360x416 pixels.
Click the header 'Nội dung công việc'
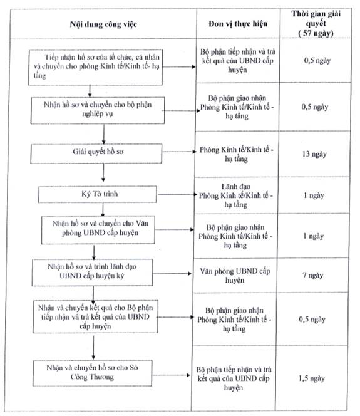coord(103,24)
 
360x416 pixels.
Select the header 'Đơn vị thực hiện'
coord(238,24)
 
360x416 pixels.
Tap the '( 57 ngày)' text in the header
coord(316,33)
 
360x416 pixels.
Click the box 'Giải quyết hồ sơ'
coord(96,153)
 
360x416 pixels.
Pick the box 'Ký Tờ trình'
coord(98,194)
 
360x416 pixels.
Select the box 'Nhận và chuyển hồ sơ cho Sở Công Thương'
coord(92,373)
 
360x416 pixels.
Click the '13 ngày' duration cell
coord(314,154)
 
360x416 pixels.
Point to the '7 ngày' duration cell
coord(313,276)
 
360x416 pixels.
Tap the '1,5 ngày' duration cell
coord(312,378)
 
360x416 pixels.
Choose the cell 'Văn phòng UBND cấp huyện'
coord(235,276)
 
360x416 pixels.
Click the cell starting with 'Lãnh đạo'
coord(235,195)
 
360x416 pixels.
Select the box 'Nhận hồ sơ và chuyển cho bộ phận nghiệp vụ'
coord(98,110)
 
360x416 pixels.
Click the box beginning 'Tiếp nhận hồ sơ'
coord(95,68)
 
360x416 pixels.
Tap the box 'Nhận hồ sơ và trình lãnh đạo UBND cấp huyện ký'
coord(92,273)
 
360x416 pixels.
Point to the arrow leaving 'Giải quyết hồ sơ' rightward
coord(179,152)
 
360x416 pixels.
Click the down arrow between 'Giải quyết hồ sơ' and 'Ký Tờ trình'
coord(103,172)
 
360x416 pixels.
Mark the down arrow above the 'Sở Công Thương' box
coord(93,348)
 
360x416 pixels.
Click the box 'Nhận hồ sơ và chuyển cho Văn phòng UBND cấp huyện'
coord(98,230)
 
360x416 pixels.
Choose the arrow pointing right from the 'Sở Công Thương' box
coord(172,375)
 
